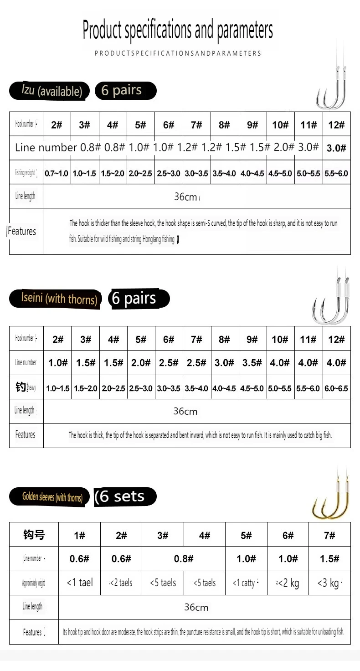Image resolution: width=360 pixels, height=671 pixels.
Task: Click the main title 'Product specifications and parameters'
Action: (178, 30)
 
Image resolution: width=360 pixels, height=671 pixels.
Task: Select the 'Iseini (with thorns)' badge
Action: (55, 299)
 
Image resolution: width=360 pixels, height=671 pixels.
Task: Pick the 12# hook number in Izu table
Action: (337, 124)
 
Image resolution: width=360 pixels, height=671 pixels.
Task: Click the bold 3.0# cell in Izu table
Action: (337, 148)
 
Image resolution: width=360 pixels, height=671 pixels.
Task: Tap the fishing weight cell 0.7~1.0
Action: (57, 173)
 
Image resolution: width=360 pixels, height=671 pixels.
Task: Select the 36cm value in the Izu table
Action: (185, 196)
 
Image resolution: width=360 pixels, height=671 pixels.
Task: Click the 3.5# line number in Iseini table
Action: (252, 363)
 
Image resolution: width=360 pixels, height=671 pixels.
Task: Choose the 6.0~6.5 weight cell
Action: (336, 388)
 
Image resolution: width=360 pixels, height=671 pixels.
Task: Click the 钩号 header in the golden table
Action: (34, 535)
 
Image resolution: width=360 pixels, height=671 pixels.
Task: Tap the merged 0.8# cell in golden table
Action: (184, 558)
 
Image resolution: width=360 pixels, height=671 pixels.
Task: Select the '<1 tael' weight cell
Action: (80, 582)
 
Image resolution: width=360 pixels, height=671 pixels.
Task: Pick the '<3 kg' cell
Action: (329, 583)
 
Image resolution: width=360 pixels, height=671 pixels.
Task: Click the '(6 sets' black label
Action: (124, 496)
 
